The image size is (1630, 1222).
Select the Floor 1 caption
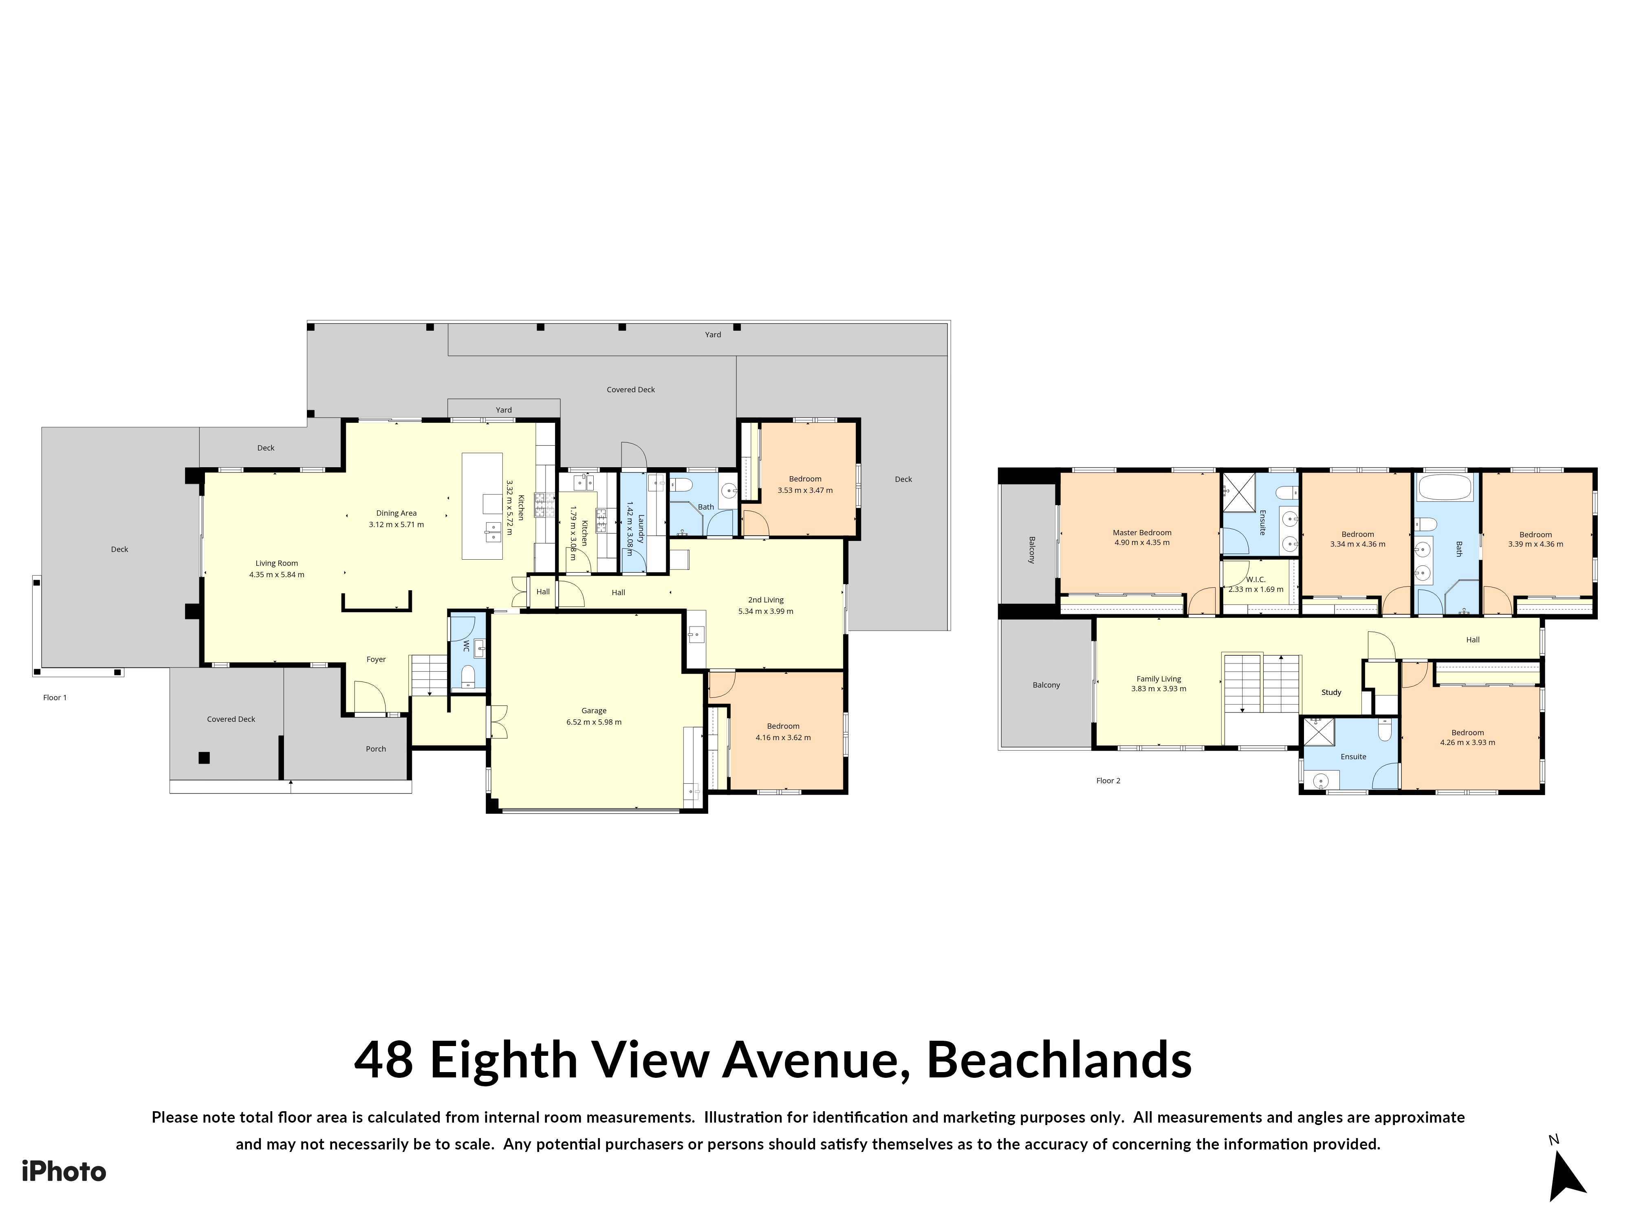55,697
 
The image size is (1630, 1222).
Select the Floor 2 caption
1108,781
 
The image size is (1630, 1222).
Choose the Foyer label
376,659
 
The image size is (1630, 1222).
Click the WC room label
467,647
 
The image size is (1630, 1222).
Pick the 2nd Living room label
766,600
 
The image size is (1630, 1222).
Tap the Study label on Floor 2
1331,692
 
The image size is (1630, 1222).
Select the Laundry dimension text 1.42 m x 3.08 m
630,528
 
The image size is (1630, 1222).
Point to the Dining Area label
396,513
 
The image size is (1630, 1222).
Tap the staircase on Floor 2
1261,683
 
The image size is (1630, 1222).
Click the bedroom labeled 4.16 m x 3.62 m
782,732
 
